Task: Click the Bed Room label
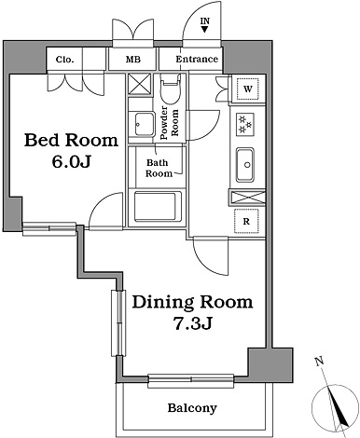tap(71, 140)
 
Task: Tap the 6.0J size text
tap(71, 161)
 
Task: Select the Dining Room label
tap(192, 302)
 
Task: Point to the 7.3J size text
tap(192, 324)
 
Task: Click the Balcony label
tap(192, 407)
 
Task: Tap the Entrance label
tap(197, 59)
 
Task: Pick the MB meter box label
tap(133, 60)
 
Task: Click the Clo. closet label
tap(65, 60)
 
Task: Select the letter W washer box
tap(248, 89)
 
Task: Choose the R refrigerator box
tap(246, 221)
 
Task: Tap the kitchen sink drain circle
tap(247, 165)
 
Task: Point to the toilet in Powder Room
tap(171, 89)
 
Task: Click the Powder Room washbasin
tap(145, 124)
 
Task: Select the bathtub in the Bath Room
tap(158, 207)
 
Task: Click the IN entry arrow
tap(204, 30)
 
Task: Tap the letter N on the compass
tap(319, 362)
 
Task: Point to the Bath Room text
tap(159, 168)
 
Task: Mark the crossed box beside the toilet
tap(140, 84)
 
